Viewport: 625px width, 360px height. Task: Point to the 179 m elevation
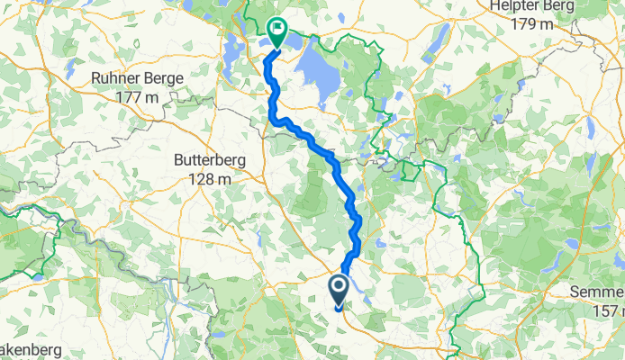pyautogui.click(x=530, y=23)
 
